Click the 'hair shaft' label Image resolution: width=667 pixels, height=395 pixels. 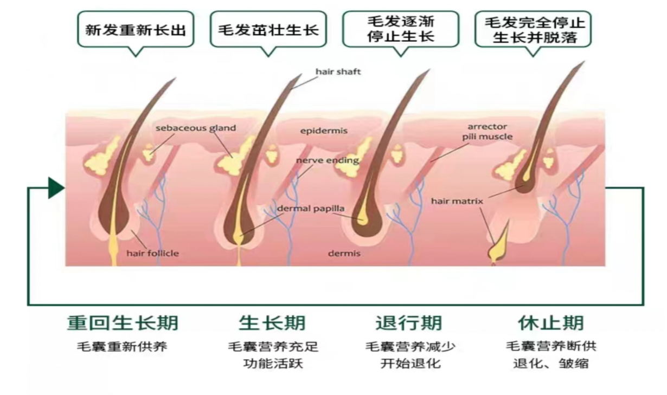(338, 72)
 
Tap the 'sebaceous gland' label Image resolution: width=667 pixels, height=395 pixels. (196, 128)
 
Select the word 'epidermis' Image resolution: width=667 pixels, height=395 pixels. (324, 131)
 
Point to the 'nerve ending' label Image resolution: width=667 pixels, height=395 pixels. (328, 160)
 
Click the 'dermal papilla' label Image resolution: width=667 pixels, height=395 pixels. (311, 209)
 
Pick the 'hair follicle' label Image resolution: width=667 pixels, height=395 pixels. (152, 254)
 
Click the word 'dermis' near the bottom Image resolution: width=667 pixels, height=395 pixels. (344, 254)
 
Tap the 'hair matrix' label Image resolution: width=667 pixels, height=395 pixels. (457, 202)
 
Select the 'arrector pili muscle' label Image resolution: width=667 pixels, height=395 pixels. (487, 132)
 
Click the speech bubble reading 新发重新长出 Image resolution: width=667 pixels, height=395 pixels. (136, 29)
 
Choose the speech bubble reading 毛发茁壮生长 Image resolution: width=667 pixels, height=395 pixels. (268, 29)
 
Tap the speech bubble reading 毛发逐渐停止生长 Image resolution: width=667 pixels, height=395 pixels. (401, 29)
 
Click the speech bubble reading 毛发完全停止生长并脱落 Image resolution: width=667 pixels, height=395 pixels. (533, 29)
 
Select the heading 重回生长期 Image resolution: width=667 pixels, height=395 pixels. (123, 323)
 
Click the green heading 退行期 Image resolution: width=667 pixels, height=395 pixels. (409, 323)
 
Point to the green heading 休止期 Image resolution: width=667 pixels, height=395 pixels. (551, 323)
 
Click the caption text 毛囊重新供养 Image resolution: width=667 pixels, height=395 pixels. (122, 347)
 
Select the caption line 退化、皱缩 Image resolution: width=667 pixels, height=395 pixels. (551, 364)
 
